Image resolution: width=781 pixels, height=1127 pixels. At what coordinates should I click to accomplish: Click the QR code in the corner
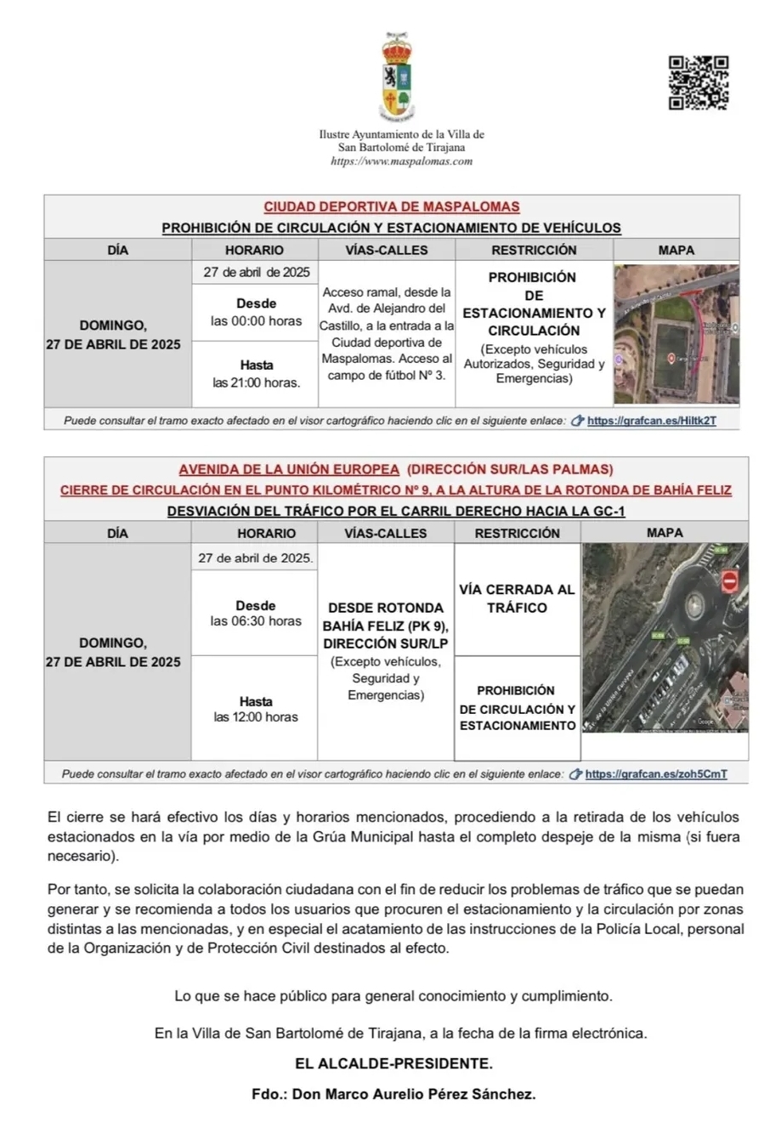(698, 82)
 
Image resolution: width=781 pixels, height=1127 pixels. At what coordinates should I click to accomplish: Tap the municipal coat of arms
(396, 77)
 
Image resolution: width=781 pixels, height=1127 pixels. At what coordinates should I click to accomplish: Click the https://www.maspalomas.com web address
(401, 161)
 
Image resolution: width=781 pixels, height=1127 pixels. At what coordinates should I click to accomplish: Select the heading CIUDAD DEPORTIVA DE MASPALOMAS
(392, 207)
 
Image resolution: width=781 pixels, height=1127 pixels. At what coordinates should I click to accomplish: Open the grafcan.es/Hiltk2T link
(651, 420)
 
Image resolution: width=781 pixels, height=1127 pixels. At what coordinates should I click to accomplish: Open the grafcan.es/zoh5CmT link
(655, 774)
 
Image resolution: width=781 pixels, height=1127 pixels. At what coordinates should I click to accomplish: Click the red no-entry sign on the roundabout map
(728, 581)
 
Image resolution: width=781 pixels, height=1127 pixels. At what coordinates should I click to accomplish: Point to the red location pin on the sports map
(671, 358)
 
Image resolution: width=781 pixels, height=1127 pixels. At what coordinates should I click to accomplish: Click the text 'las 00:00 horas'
(256, 321)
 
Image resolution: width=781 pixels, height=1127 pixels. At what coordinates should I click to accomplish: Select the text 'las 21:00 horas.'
(256, 382)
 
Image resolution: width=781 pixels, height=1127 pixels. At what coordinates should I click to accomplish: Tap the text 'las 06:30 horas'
(256, 621)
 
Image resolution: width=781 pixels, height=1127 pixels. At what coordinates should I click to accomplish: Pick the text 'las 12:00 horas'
(256, 717)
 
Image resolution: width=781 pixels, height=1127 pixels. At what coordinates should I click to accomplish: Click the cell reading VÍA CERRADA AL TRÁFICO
(517, 598)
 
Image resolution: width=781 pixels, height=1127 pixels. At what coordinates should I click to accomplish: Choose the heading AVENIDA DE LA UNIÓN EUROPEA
(289, 469)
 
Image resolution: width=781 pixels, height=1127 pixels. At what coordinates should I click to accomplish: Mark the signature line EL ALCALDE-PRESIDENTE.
(393, 1063)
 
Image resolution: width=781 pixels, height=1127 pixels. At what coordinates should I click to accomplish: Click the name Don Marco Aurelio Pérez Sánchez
(413, 1094)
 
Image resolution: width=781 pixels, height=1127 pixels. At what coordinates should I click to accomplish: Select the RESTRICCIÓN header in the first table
(534, 250)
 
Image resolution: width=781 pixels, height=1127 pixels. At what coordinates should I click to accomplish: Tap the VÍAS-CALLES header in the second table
(386, 533)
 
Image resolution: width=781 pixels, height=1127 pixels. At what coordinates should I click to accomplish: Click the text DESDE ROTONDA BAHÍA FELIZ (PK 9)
(386, 616)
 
